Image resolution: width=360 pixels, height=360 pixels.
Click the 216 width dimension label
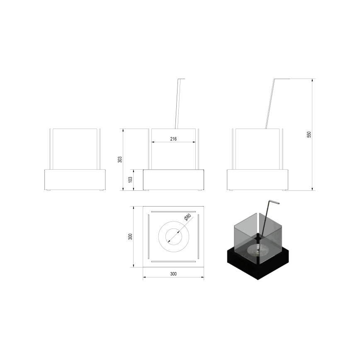click(173, 139)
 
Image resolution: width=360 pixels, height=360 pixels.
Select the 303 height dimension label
click(119, 159)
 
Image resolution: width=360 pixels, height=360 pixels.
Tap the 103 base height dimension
click(130, 180)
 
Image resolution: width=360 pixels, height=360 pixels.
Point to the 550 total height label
click(309, 135)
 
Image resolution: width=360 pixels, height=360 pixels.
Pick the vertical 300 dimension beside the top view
click(130, 236)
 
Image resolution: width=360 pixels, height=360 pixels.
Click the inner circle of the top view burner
click(173, 236)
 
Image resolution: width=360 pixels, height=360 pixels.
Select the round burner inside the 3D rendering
click(255, 250)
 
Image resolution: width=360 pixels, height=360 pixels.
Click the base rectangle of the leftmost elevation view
click(75, 179)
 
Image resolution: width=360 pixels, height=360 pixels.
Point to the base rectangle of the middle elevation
click(173, 179)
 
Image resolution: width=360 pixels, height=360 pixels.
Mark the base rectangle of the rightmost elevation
click(258, 179)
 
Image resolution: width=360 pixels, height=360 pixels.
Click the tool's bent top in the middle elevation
click(181, 79)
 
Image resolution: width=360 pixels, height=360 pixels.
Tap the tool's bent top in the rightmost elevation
click(282, 79)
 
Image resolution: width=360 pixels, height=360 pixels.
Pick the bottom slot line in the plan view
click(173, 261)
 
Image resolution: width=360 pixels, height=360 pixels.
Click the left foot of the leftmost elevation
click(49, 190)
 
